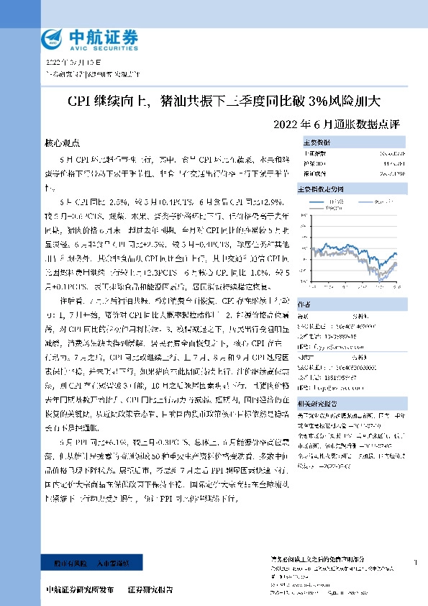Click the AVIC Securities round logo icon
(x=53, y=37)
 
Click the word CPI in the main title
(x=82, y=101)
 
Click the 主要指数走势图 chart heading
(x=324, y=188)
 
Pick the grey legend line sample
(x=320, y=209)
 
